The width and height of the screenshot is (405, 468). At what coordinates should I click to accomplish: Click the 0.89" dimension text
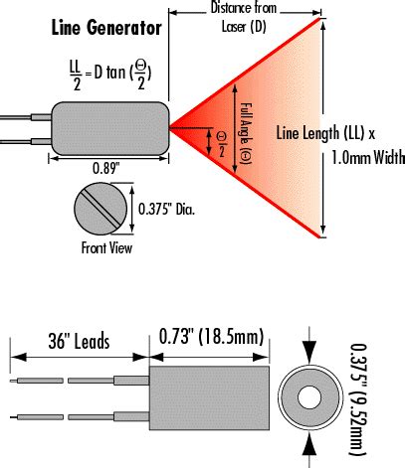click(107, 169)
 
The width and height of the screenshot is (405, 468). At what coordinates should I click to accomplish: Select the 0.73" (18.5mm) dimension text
click(209, 339)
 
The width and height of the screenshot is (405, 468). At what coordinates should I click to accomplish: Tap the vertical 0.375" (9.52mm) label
click(372, 394)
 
